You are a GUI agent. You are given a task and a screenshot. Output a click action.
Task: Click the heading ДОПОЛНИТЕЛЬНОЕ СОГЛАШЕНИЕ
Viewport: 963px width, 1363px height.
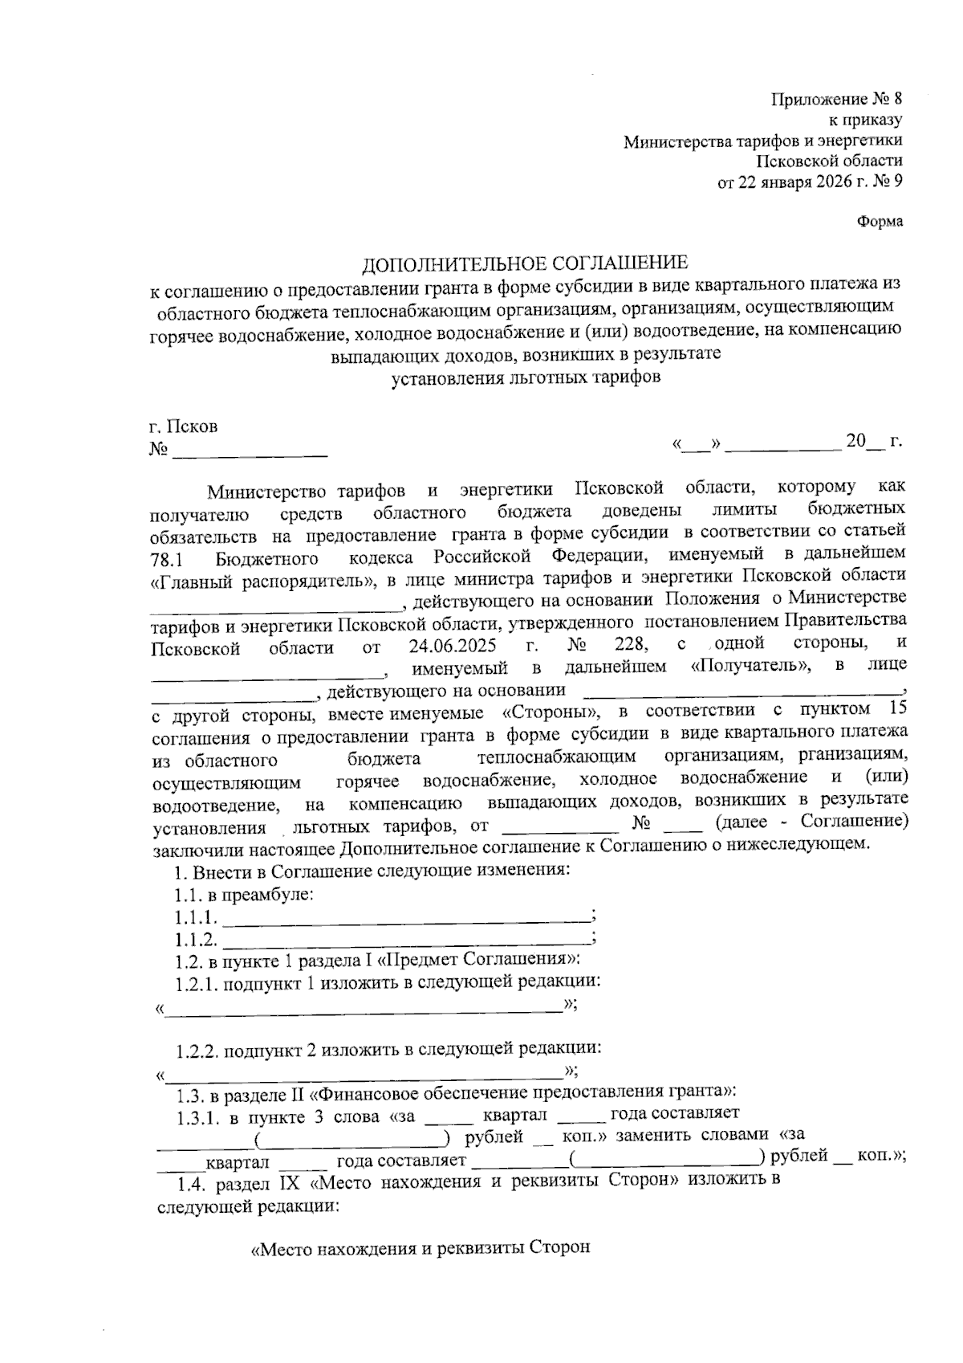coord(525,263)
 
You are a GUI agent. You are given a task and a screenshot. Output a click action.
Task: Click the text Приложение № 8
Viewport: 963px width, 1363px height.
coord(836,100)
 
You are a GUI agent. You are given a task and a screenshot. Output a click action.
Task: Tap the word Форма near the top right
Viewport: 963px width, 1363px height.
coord(880,222)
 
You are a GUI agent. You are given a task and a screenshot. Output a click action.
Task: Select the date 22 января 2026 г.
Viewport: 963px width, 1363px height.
coord(803,182)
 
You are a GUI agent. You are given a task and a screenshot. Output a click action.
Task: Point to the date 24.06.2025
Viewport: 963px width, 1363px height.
coord(451,646)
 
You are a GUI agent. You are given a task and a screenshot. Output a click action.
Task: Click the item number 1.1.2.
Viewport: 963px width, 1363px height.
coord(196,940)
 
